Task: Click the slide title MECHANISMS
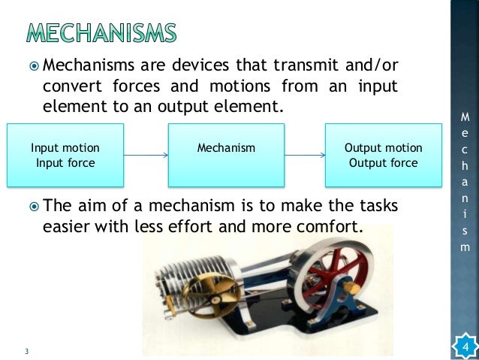tap(102, 33)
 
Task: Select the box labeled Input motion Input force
tap(65, 156)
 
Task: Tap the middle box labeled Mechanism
tap(226, 156)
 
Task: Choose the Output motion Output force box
tap(382, 156)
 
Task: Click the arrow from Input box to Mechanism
tap(146, 156)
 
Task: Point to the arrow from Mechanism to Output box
tap(304, 156)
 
